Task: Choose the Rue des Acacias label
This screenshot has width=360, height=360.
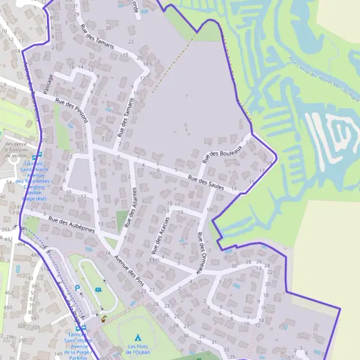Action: (160, 233)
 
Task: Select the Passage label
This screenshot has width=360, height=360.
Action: (49, 84)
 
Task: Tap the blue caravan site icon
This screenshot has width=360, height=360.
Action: (98, 290)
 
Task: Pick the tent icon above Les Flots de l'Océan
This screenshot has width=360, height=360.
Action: (138, 337)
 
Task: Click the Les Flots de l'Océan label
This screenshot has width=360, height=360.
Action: (139, 349)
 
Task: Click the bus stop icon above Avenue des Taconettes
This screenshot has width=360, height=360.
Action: (37, 155)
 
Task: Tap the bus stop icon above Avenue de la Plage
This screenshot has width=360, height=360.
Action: (83, 328)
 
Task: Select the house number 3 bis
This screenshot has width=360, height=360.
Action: (155, 260)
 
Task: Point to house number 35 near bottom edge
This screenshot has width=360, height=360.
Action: (225, 349)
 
